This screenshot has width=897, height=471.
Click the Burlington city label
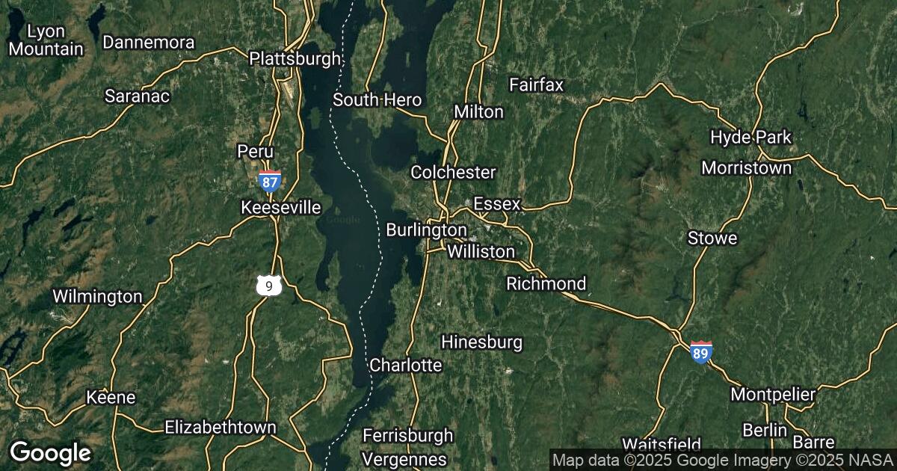click(426, 230)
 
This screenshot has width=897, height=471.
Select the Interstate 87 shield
click(270, 181)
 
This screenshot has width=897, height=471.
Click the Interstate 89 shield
click(700, 351)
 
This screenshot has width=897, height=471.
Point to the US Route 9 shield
click(268, 285)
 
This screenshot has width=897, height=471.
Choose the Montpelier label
click(773, 394)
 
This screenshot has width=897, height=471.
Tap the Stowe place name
click(712, 238)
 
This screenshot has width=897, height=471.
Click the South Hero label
click(377, 100)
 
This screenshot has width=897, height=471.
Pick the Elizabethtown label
click(221, 428)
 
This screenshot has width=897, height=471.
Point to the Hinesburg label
click(481, 342)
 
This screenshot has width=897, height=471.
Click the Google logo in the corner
click(50, 452)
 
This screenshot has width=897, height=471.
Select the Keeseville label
click(281, 207)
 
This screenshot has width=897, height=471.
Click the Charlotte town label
click(406, 366)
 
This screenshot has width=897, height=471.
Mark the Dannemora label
click(149, 43)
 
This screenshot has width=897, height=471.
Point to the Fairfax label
click(536, 84)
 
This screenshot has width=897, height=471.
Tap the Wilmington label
click(97, 297)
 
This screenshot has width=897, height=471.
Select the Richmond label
click(546, 284)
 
